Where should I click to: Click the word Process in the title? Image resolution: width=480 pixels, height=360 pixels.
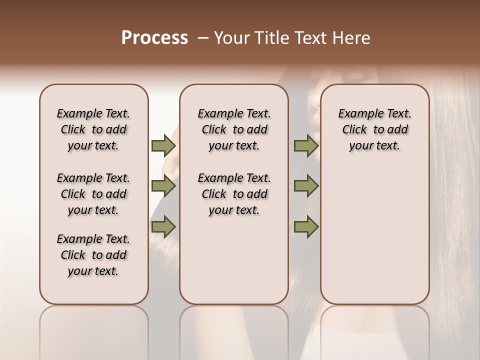click(x=154, y=38)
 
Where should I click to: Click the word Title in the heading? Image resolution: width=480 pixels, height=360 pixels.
click(x=275, y=38)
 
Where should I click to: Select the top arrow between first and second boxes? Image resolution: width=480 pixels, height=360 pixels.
click(x=163, y=145)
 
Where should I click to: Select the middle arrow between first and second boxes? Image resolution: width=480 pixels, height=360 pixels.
click(x=163, y=186)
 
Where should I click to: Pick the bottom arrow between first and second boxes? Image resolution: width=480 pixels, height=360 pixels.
click(x=163, y=227)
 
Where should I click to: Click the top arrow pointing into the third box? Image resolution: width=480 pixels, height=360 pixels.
click(x=306, y=145)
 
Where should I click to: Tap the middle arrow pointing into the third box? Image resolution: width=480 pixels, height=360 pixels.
click(x=306, y=186)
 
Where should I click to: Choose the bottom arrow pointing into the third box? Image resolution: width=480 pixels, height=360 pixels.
click(x=306, y=227)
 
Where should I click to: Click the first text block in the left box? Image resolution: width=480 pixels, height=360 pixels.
click(x=93, y=129)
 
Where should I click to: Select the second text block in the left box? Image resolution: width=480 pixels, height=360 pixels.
click(x=93, y=194)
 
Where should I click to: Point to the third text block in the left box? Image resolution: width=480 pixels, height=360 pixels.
click(x=93, y=255)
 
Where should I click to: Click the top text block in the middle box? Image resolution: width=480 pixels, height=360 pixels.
click(x=234, y=129)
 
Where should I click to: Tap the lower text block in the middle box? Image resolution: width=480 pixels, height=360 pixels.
click(x=234, y=194)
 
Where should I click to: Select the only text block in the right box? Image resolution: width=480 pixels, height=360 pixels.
click(x=375, y=129)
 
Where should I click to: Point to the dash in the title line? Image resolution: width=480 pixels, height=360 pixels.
click(x=203, y=38)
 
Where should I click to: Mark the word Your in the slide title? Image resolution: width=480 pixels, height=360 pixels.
click(x=233, y=38)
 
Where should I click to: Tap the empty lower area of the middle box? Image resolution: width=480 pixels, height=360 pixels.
click(x=234, y=260)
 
